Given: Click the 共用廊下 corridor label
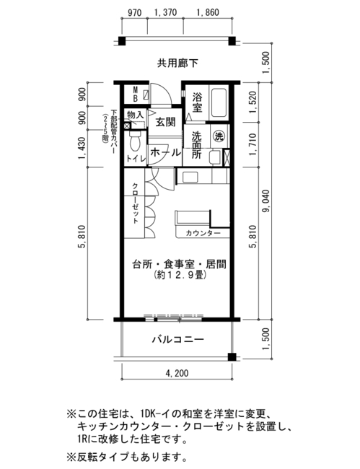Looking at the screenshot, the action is coord(177,63).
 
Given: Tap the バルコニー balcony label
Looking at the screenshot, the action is coord(178,340).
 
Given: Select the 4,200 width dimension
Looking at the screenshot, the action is coord(177,373).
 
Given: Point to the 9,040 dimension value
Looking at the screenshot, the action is coord(266,201).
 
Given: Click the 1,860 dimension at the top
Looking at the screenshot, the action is coord(208,12).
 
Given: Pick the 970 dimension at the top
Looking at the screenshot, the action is coord(135,12).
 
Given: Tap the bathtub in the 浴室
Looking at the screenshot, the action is coord(219,103).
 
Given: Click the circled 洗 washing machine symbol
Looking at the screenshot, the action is coord(219,136).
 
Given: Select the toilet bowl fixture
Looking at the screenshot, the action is coord(135,141).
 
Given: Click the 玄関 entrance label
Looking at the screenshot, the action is coord(165,122).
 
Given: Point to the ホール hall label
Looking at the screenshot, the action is coord(166,152).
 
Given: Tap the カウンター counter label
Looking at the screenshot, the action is coord(203,233).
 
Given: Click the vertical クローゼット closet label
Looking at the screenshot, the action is coord(135,203).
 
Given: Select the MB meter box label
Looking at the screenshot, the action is coord(135,94).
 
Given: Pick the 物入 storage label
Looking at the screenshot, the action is coord(135,114).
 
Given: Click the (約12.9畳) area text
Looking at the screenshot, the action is coord(180,275).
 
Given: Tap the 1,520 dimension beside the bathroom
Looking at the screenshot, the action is coord(253,102).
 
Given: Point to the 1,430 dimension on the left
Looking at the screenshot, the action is coord(82,148).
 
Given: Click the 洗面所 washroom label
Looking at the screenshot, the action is coord(197,145).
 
